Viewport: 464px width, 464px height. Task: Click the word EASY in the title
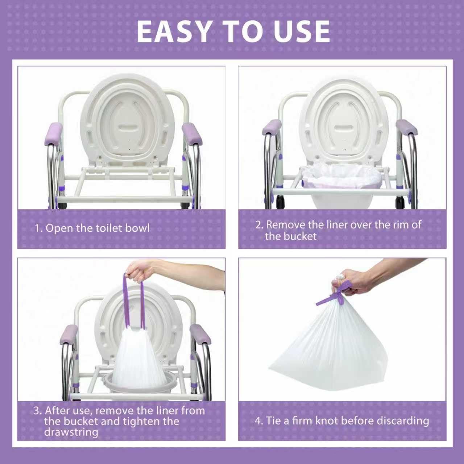tap(173, 32)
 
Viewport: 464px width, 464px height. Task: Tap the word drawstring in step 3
tap(71, 432)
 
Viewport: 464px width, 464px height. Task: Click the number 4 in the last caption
tap(258, 421)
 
